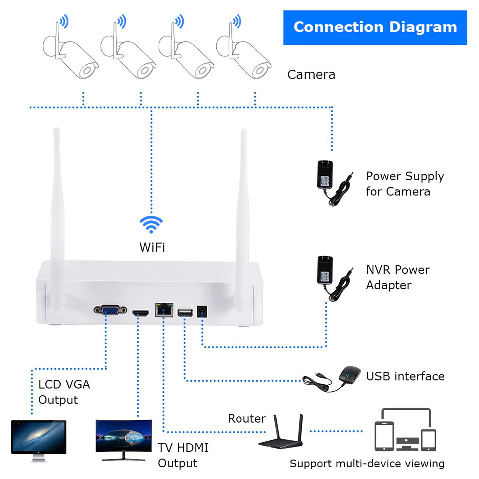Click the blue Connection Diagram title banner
(375, 27)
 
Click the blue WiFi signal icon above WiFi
(151, 224)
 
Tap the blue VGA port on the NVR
(110, 311)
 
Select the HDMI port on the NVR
(141, 313)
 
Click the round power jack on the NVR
(203, 311)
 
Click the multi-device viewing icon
(405, 430)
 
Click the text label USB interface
(405, 376)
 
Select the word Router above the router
(246, 419)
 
